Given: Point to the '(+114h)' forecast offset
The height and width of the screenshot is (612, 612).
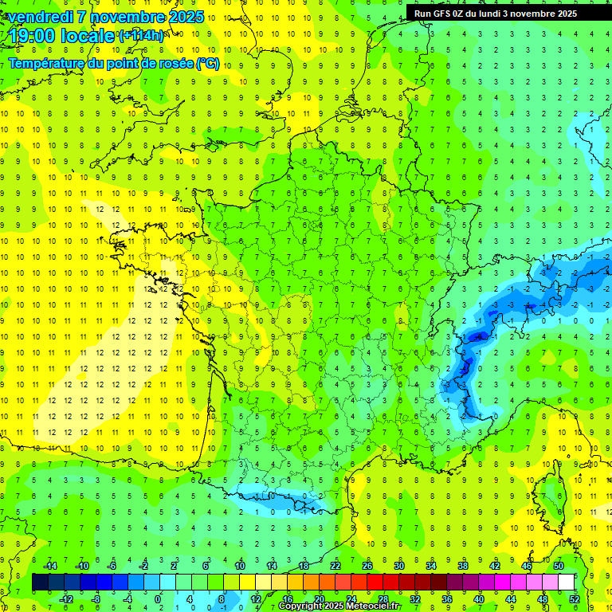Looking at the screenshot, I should [141, 36].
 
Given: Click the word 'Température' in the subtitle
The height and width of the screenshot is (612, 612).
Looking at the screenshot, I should [48, 64].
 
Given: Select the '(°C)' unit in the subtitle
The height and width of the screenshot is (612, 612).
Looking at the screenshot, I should [208, 64].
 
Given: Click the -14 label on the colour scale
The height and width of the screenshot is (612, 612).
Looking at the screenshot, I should [49, 566].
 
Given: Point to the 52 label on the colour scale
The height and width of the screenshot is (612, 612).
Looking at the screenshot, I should [574, 598].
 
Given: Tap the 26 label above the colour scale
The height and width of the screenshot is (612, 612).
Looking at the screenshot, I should [367, 566].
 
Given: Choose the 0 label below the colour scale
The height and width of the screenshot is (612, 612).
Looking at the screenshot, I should [158, 598].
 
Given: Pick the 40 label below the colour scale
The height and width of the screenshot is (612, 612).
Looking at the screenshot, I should [478, 598].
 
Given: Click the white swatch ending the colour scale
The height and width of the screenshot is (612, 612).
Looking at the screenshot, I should [566, 583].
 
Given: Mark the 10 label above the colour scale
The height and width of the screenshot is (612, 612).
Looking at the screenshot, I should [239, 566].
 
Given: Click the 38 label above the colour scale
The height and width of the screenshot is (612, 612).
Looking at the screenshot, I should [462, 566].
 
